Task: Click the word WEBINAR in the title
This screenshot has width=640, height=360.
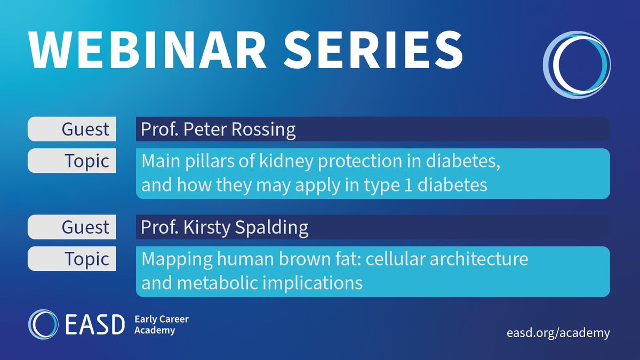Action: pyautogui.click(x=147, y=50)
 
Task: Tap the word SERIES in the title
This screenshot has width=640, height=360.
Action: pyautogui.click(x=373, y=50)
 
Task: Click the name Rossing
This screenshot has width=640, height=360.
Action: pyautogui.click(x=263, y=130)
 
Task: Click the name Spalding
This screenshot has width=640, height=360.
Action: pyautogui.click(x=271, y=228)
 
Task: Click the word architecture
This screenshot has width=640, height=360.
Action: pyautogui.click(x=479, y=259)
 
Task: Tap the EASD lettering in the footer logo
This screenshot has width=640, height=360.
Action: pyautogui.click(x=95, y=325)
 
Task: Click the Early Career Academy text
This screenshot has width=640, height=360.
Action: pyautogui.click(x=162, y=325)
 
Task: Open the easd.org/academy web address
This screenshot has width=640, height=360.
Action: pyautogui.click(x=558, y=333)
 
